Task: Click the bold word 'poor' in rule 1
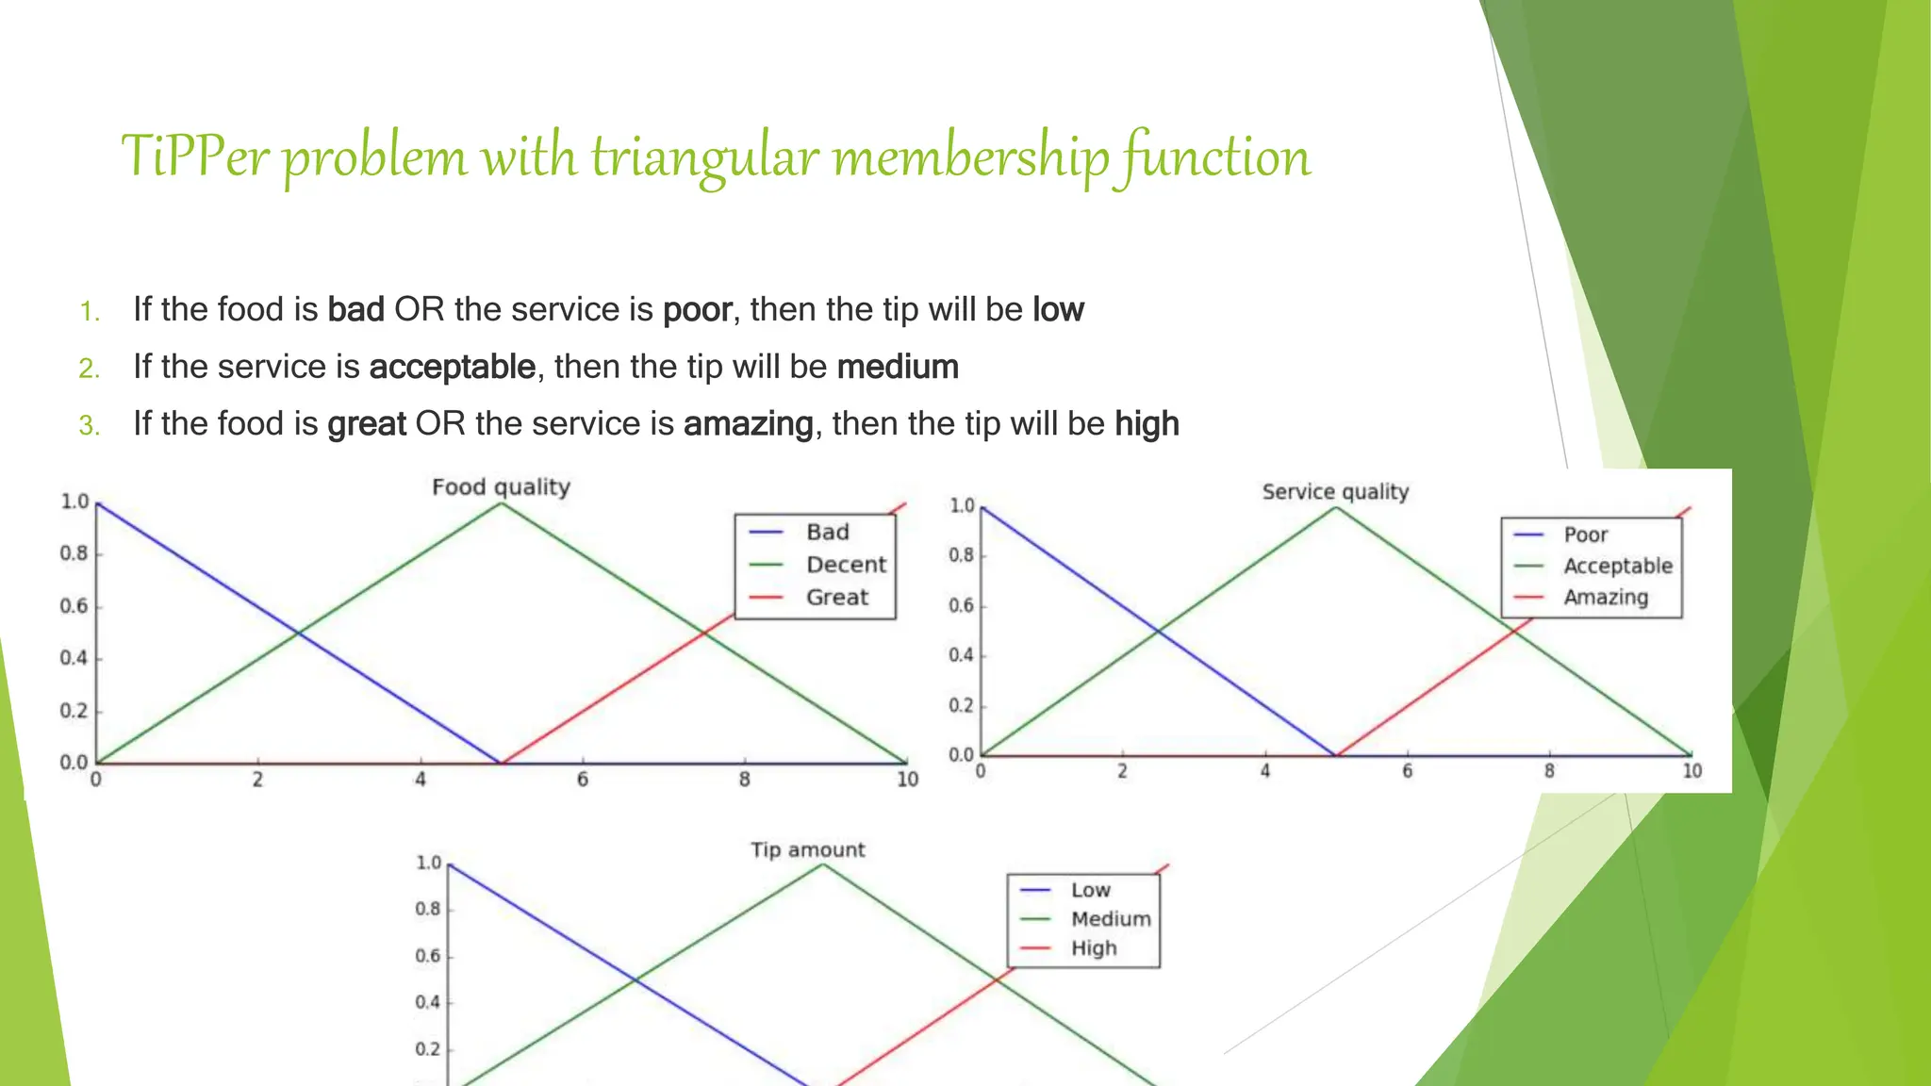(697, 310)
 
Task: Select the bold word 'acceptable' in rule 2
(453, 367)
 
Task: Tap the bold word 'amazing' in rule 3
(748, 424)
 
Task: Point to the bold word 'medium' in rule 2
(898, 367)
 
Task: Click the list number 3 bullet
(90, 426)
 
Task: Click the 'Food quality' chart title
(501, 487)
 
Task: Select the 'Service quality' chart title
(1335, 492)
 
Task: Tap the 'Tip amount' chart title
(807, 850)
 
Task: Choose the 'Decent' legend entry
(846, 565)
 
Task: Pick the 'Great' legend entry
(836, 598)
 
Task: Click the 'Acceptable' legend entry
(1617, 567)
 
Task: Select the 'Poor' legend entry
(1585, 535)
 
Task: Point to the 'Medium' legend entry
(1110, 919)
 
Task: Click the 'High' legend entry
(1093, 948)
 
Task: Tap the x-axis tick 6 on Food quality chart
(583, 780)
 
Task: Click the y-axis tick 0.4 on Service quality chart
(961, 655)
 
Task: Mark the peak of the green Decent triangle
(502, 503)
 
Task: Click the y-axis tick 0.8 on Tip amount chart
(428, 909)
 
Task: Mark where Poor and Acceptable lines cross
(1158, 632)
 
